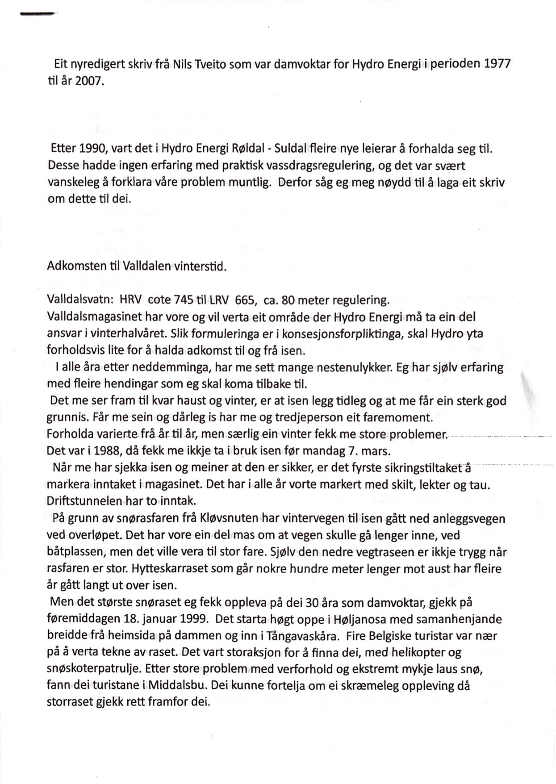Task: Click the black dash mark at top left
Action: tap(38, 14)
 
